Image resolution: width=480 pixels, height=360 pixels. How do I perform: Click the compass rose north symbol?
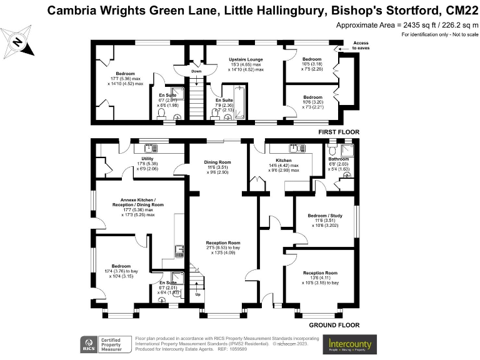point(18,42)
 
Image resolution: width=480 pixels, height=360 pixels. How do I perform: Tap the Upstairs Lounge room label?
point(245,60)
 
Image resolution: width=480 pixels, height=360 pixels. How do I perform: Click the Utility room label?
point(112,159)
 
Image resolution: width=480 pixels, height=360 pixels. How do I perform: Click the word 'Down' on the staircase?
point(196,71)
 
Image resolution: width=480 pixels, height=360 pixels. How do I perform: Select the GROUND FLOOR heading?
point(334,325)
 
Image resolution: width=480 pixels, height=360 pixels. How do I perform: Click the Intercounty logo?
point(350,344)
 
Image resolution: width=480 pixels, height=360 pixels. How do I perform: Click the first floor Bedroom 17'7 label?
point(116,74)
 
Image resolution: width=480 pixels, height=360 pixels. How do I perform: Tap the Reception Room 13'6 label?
point(320,273)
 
